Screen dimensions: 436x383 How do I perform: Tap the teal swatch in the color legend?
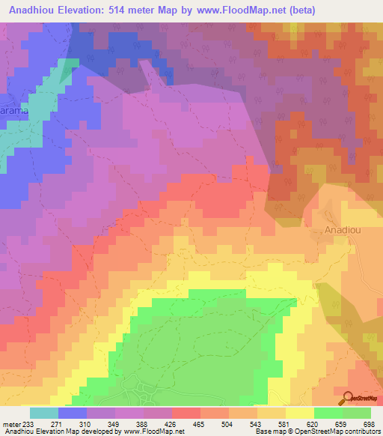point(44,413)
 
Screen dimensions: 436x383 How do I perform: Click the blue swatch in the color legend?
point(73,413)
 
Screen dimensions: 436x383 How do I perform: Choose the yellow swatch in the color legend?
point(300,413)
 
